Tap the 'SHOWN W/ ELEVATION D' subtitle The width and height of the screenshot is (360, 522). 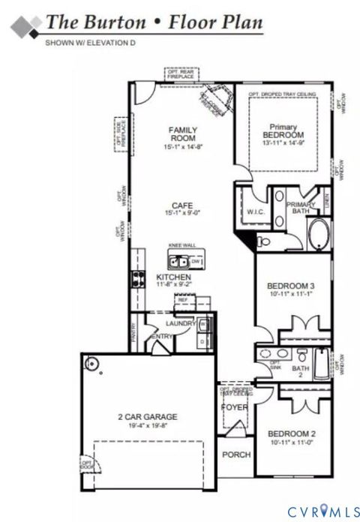[90, 43]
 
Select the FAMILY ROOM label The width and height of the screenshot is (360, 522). [182, 134]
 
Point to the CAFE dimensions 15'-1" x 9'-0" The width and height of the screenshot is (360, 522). [182, 213]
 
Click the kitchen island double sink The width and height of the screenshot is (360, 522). [178, 262]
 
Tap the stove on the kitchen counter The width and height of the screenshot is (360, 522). [138, 279]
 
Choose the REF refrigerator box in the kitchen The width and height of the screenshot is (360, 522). [183, 300]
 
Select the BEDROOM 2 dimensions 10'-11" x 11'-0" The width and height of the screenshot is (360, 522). [290, 443]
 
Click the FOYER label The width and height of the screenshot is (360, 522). [234, 407]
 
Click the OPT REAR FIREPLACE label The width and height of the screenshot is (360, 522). [180, 74]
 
